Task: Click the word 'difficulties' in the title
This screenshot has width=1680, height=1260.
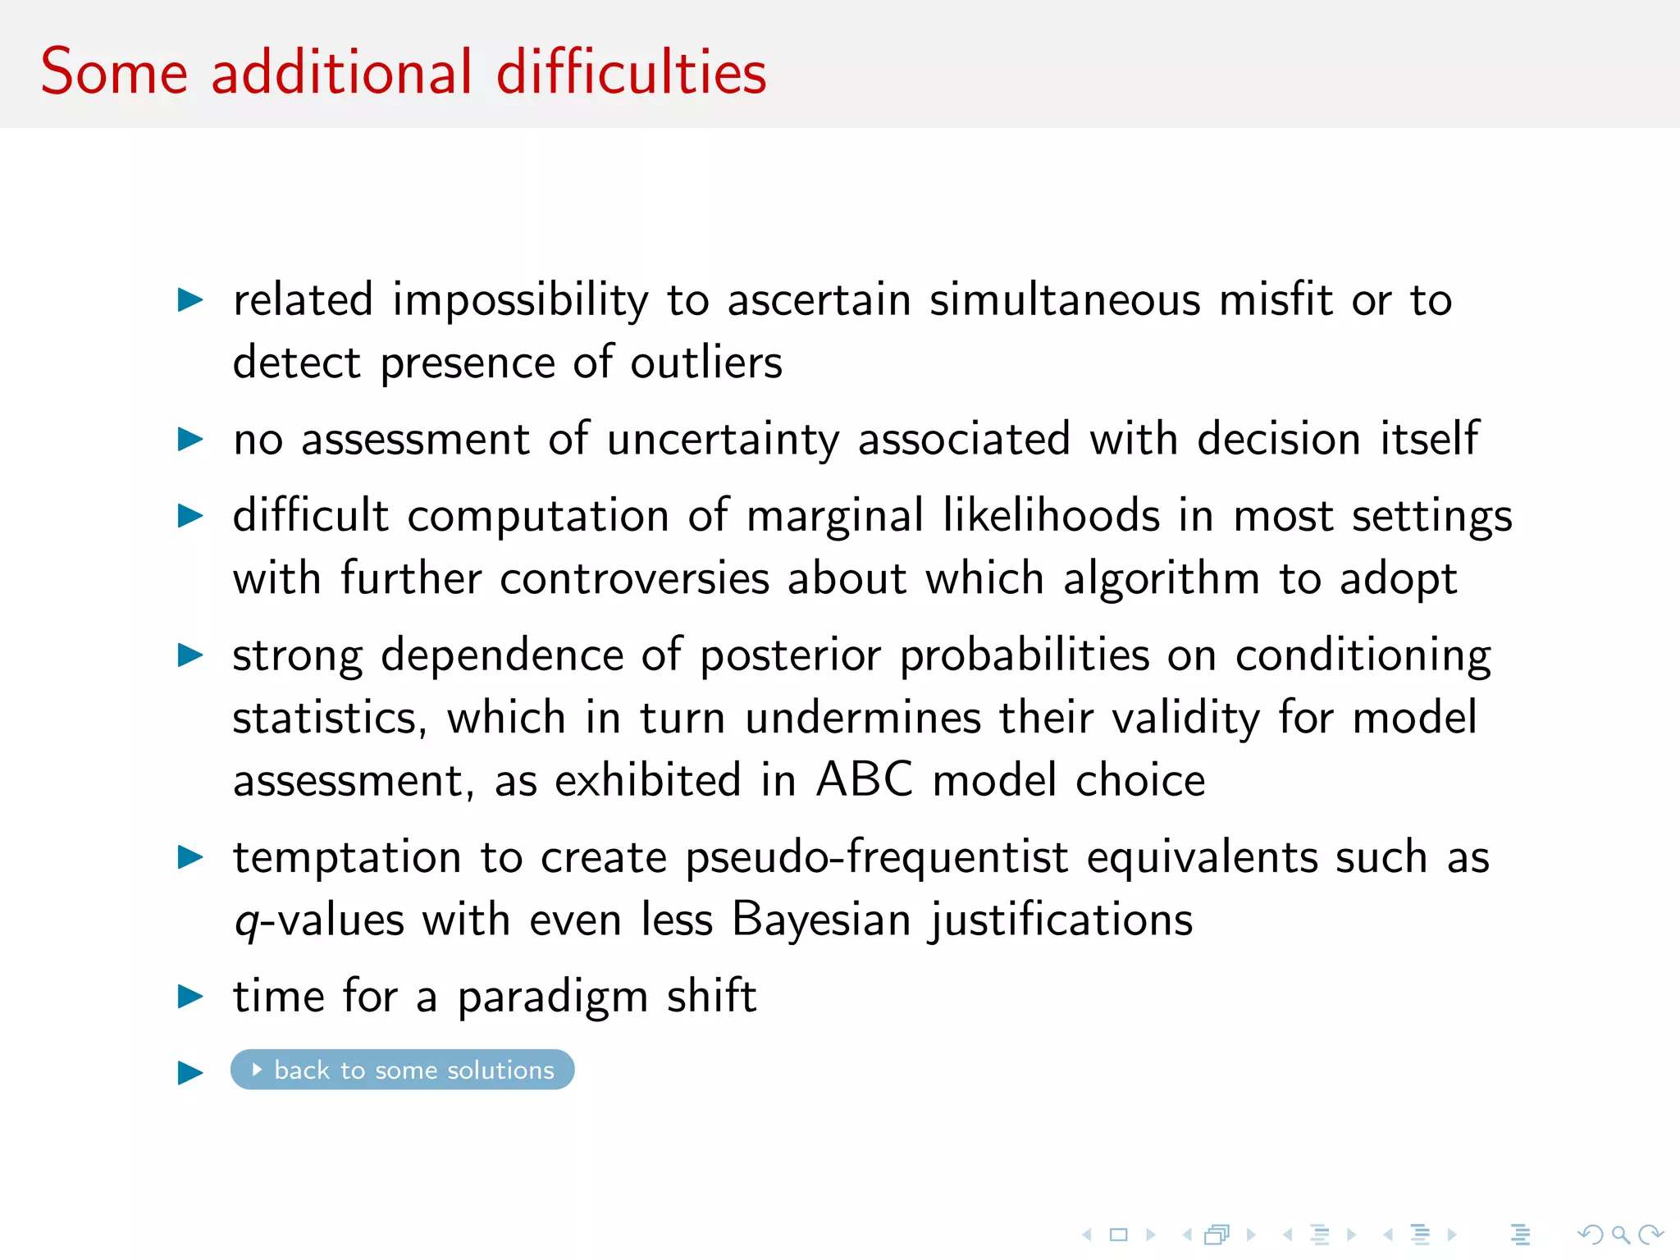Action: point(631,72)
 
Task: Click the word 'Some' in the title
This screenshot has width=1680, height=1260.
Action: point(114,72)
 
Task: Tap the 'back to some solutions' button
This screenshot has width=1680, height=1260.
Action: point(402,1070)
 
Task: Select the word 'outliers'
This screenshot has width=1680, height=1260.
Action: point(705,363)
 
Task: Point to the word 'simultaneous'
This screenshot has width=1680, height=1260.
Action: point(1065,299)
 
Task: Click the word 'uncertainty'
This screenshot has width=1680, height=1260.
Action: point(723,440)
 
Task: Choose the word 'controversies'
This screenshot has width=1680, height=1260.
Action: point(634,578)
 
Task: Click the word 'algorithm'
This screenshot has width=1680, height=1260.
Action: point(1161,578)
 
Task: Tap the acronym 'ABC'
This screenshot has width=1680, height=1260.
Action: point(864,779)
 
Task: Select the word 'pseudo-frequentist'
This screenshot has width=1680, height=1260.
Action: point(876,858)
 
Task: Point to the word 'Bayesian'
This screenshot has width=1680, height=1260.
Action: point(821,920)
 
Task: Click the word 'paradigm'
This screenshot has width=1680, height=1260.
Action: point(553,997)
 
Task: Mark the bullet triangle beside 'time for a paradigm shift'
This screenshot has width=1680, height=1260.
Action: point(190,997)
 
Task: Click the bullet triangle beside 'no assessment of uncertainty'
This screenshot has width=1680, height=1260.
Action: point(190,440)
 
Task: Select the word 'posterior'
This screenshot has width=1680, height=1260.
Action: point(790,656)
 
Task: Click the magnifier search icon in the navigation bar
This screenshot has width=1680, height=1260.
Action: point(1620,1234)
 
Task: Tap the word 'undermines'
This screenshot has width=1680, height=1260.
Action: point(862,718)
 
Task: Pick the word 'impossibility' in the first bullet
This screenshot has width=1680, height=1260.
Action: point(520,300)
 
